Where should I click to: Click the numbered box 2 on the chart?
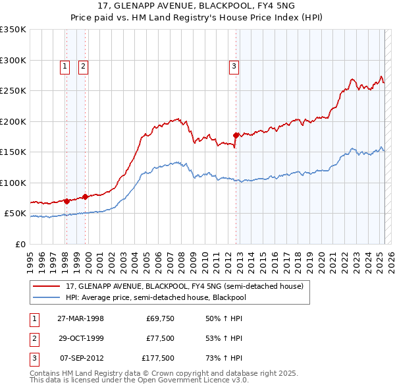(x=84, y=65)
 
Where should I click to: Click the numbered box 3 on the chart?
(x=234, y=65)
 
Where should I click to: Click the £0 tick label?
(x=20, y=244)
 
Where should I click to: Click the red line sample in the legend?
(x=46, y=286)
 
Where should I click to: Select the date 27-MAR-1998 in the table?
(x=80, y=318)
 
